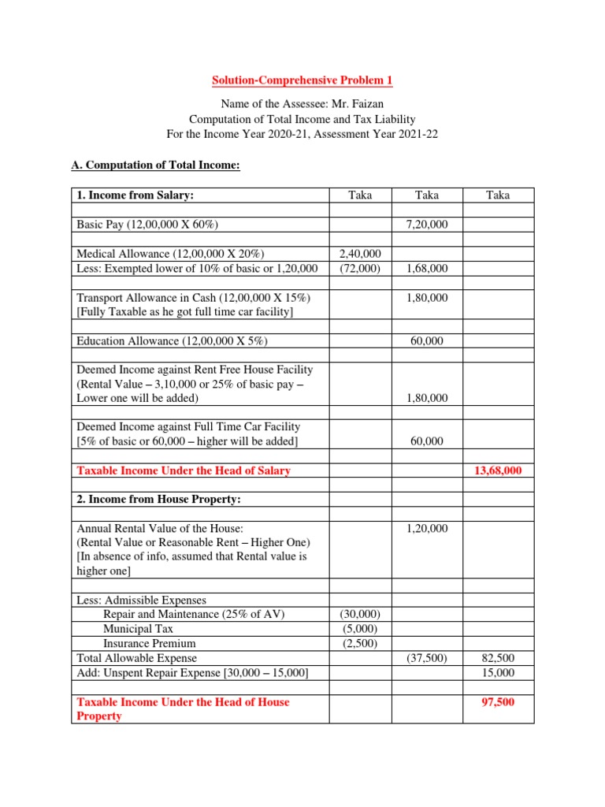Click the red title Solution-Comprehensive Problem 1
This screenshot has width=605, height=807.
[x=302, y=80]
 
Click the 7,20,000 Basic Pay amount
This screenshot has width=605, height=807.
[x=426, y=225]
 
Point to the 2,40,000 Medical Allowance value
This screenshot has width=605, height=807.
[x=359, y=253]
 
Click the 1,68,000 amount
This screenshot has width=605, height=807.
[x=426, y=269]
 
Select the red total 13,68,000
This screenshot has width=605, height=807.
[x=498, y=470]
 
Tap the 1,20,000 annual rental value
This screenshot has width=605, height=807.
[x=426, y=528]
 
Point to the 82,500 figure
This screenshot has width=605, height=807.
[x=498, y=657]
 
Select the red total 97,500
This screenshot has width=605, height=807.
[x=498, y=701]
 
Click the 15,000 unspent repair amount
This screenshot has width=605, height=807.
[x=498, y=672]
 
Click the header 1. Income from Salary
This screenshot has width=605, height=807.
[x=135, y=195]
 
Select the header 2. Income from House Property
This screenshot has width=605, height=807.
[x=157, y=500]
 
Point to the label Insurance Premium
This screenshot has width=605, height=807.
[x=149, y=643]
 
